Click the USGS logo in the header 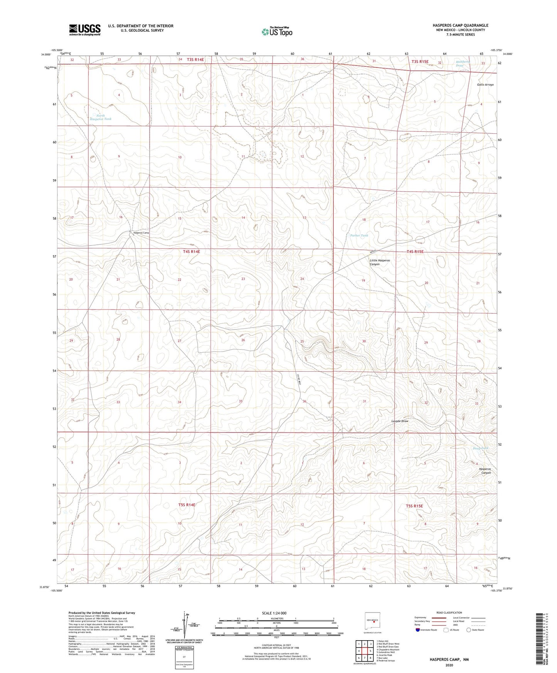coord(85,30)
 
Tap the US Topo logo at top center coord(276,32)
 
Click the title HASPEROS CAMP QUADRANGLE coord(460,25)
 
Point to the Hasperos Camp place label coord(141,233)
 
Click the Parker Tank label coord(359,235)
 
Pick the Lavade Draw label coord(400,421)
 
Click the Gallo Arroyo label coord(485,84)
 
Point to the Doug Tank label coord(480,448)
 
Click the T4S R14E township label coord(192,252)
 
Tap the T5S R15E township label coord(414,506)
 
